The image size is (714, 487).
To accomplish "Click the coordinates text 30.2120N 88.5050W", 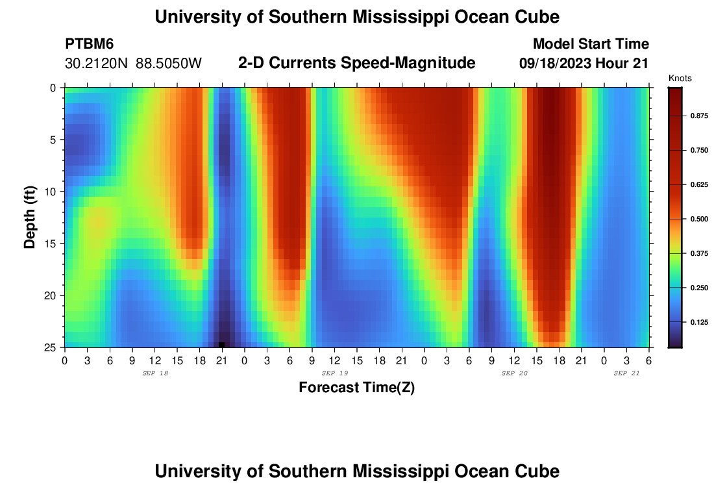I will coord(134,64).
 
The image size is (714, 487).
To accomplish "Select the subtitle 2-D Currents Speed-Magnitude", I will coord(357,63).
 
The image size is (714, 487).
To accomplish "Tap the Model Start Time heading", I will coord(591,44).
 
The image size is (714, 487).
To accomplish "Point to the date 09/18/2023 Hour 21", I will coord(584,64).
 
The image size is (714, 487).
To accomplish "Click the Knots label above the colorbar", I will coord(680,79).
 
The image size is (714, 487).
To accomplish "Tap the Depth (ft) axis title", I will coord(29,217).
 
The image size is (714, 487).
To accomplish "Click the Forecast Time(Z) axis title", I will coord(356,388).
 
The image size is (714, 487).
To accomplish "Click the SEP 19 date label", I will coord(335,373).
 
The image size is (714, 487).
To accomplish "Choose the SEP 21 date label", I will coord(626,373).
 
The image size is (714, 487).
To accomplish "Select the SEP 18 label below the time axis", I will coord(154,373).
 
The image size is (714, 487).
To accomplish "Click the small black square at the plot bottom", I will coord(221,345).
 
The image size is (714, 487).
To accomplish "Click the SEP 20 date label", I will coord(514,373).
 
